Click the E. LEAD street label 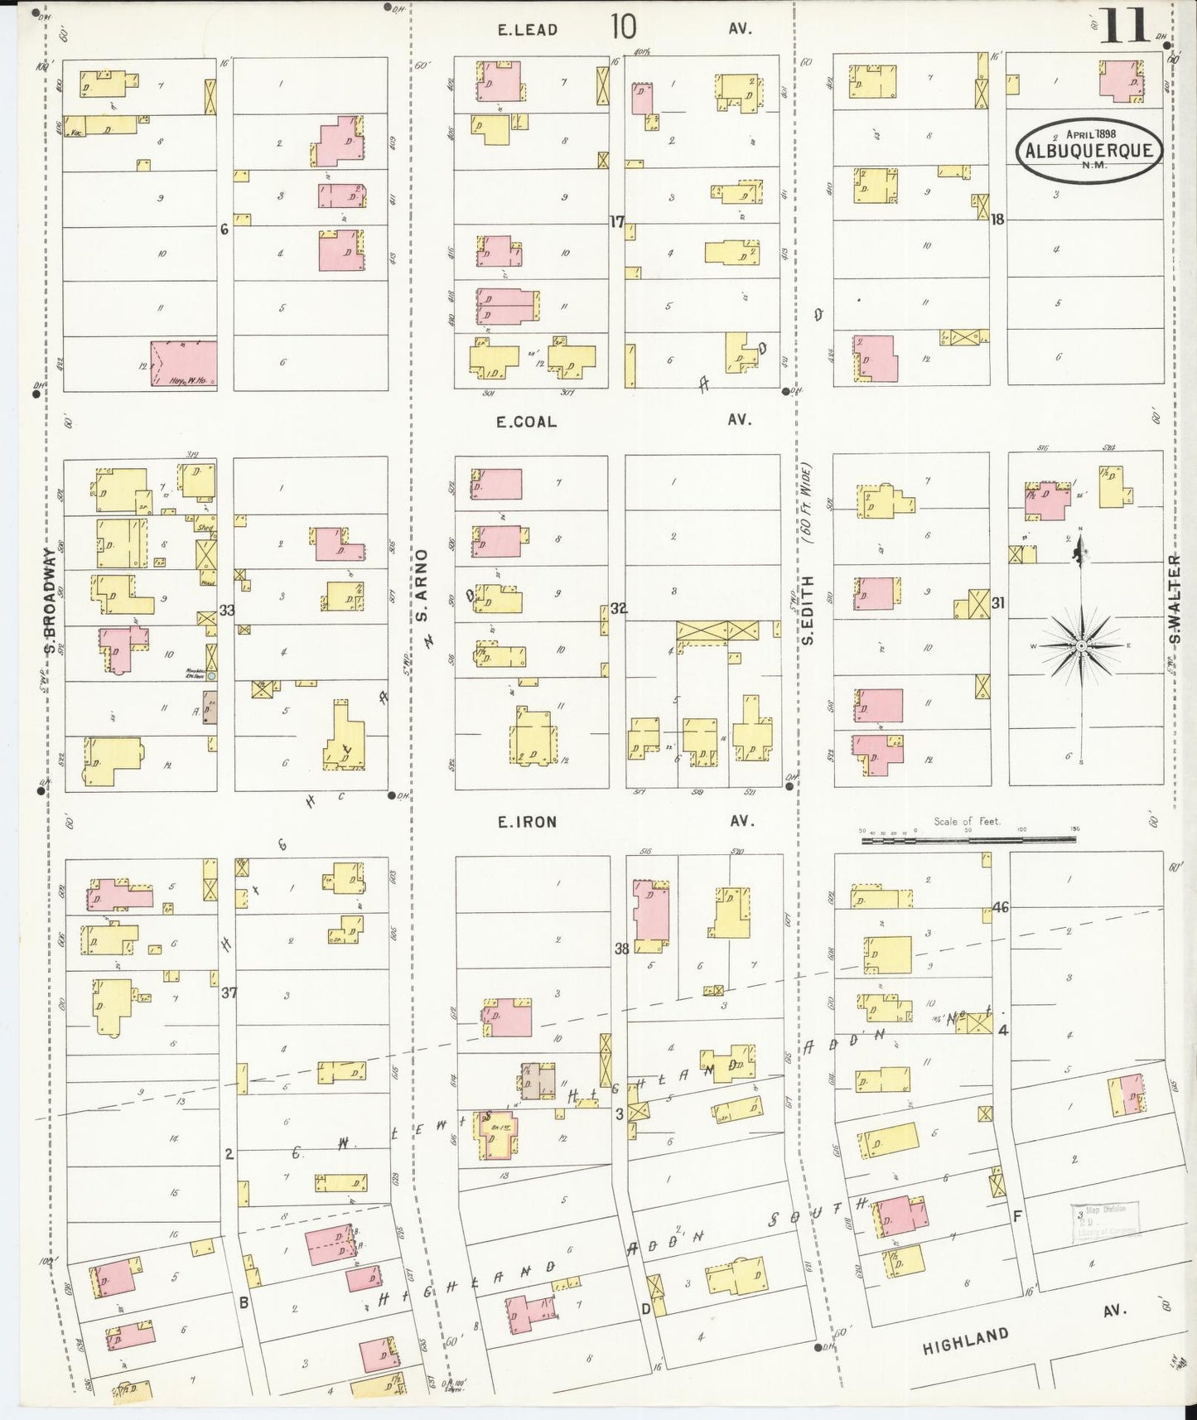click(x=527, y=30)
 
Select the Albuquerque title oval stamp click(x=1090, y=150)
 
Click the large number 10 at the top click(x=624, y=27)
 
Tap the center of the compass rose click(x=1081, y=645)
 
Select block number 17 click(x=616, y=221)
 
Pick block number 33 click(x=227, y=611)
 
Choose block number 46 click(x=1000, y=907)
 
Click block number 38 click(x=621, y=948)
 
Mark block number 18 click(x=997, y=220)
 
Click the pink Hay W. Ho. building click(x=184, y=363)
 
